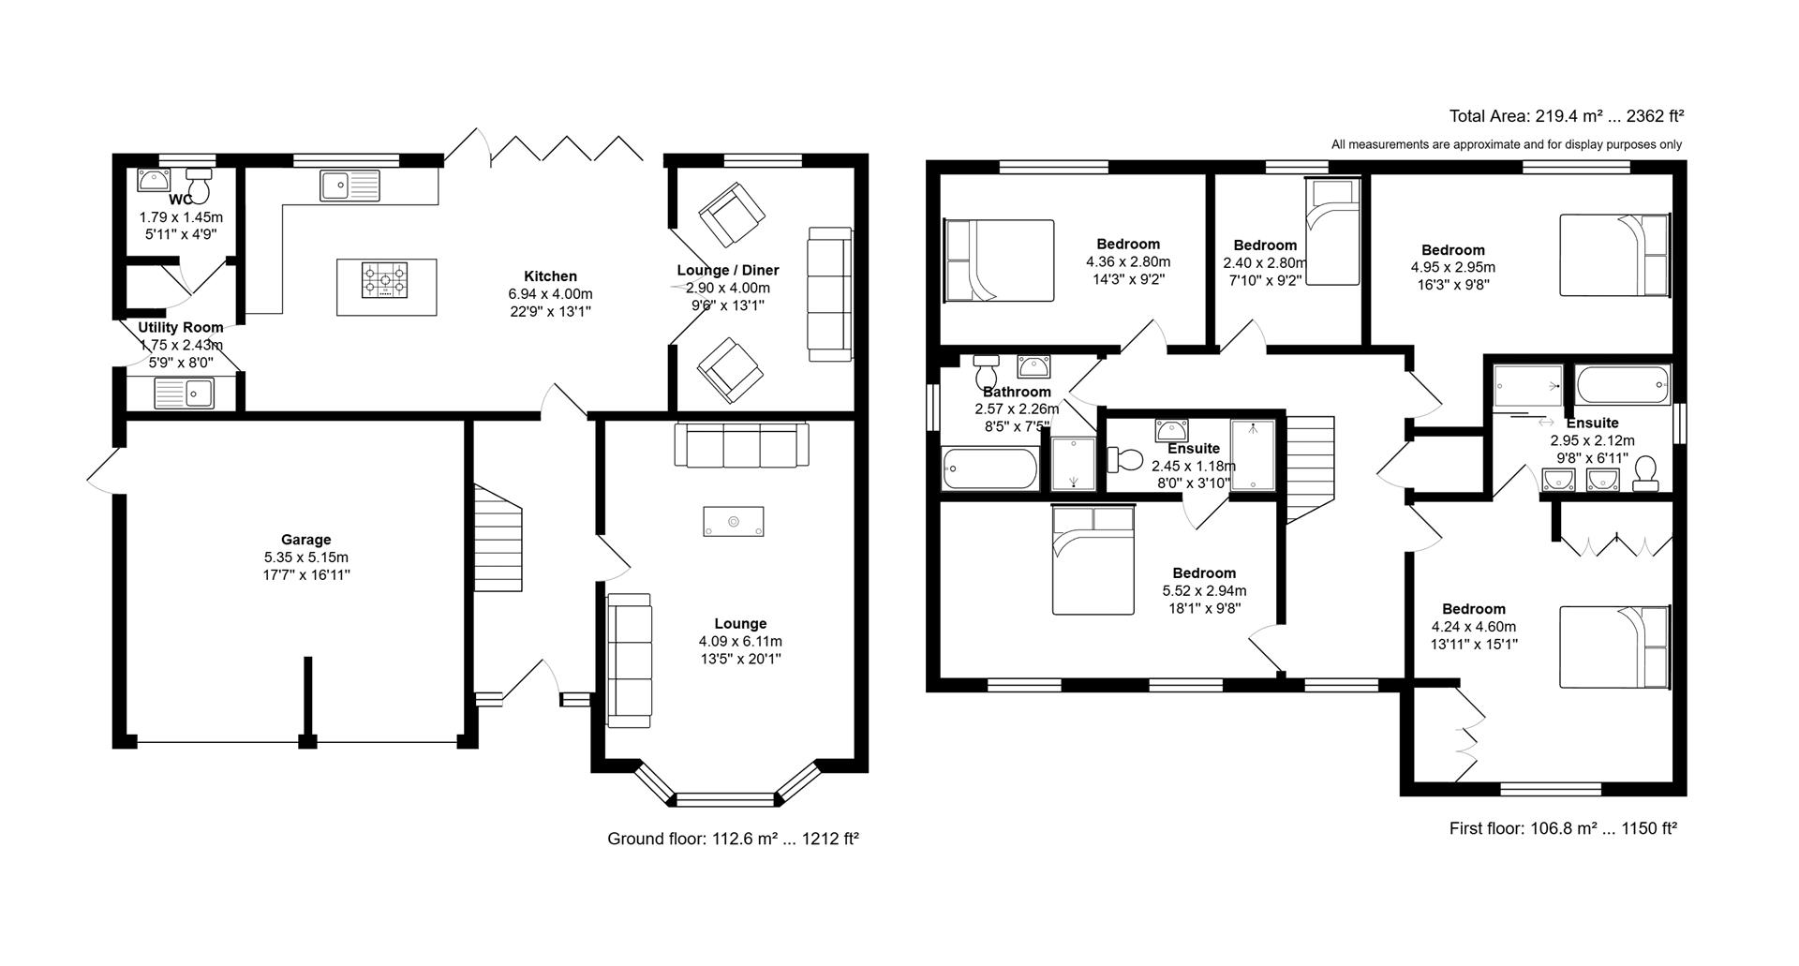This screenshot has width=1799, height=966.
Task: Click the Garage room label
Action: coord(305,540)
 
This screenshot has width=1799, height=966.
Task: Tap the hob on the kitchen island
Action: coord(386,279)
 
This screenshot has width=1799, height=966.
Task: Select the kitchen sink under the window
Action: coord(349,185)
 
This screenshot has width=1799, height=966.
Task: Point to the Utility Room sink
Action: coord(185,394)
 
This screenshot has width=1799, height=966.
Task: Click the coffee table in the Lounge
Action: coord(734,522)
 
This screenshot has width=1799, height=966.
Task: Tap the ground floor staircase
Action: coord(498,539)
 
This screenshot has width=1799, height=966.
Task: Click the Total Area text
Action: coord(1566,116)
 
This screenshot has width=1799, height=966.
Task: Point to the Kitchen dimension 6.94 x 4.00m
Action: coord(550,294)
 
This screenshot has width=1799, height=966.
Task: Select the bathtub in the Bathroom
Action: coord(989,468)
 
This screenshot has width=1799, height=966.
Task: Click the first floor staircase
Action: coord(1309,468)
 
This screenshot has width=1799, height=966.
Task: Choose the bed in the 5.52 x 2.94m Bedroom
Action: coord(1093,559)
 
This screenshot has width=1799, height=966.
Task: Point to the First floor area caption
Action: coord(1562,828)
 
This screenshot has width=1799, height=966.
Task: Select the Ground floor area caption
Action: coord(733,839)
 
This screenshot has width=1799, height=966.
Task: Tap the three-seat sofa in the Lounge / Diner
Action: coord(829,294)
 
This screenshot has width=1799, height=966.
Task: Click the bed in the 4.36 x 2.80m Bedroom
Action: coord(999,260)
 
